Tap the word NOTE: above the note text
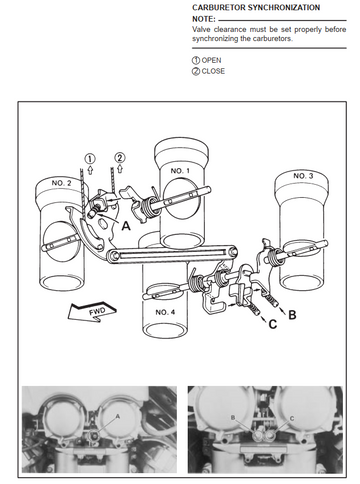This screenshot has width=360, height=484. click(204, 19)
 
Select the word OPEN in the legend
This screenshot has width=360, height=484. click(211, 60)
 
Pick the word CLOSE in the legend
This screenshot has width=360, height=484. click(213, 71)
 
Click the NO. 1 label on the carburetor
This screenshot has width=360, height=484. click(180, 171)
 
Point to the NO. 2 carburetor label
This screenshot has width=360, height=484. click(61, 183)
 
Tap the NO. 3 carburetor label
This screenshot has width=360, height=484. click(303, 176)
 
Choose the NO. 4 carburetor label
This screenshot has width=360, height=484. click(165, 312)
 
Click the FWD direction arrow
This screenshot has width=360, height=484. click(92, 312)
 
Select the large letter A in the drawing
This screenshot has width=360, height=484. click(126, 226)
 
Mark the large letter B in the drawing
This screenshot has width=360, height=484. click(292, 315)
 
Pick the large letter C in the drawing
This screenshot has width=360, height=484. click(273, 324)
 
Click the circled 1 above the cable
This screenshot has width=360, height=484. click(90, 158)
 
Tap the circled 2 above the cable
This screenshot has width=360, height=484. click(120, 157)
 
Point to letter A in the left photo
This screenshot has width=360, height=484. click(117, 416)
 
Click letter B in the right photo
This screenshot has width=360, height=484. click(233, 417)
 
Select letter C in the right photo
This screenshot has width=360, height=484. click(292, 419)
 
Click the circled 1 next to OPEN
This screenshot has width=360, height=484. click(196, 60)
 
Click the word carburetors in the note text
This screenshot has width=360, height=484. click(275, 38)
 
